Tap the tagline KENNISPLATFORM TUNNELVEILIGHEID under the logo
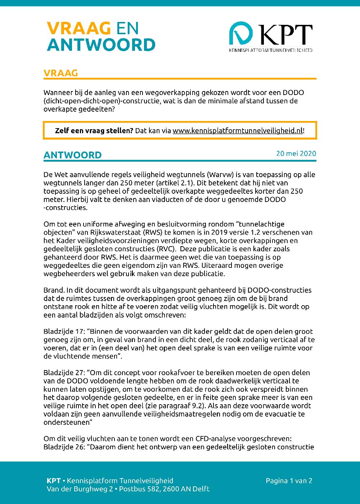click(x=270, y=50)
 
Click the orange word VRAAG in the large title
click(x=78, y=28)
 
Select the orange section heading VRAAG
click(x=60, y=73)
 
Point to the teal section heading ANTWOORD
click(x=72, y=155)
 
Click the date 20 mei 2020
click(x=296, y=153)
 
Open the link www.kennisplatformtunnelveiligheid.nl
click(x=238, y=131)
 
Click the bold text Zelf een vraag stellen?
click(x=94, y=131)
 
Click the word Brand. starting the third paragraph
click(x=54, y=290)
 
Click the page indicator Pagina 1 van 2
click(x=289, y=481)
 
